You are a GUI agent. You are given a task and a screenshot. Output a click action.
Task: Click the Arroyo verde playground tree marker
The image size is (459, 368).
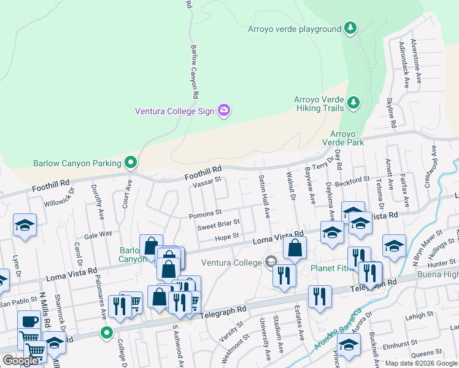(350, 28)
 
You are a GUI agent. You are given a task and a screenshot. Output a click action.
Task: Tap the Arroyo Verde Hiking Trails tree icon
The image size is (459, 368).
(353, 103)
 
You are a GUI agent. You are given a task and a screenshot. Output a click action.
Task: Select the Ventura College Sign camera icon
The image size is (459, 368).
(224, 110)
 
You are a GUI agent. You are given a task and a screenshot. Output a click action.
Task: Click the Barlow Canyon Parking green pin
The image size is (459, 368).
(130, 163)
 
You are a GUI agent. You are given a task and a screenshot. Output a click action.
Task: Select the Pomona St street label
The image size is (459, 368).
(205, 213)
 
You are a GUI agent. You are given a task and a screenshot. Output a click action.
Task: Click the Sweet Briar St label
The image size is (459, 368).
(217, 226)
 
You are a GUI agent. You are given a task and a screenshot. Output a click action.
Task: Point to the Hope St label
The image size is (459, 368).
(226, 237)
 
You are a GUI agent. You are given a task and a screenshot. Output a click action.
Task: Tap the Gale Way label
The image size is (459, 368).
(98, 234)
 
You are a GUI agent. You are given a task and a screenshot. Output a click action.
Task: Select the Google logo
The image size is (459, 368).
(20, 361)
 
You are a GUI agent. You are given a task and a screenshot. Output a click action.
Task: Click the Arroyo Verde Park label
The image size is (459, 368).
(347, 138)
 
